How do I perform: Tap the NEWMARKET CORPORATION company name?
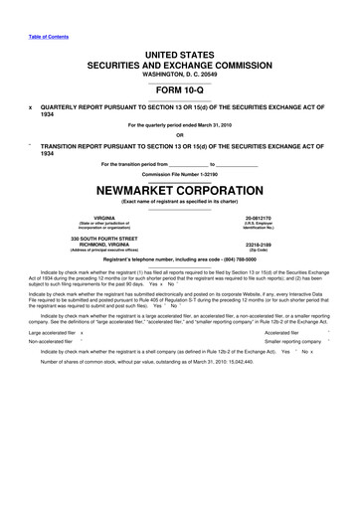[x=179, y=187]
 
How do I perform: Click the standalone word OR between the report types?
[x=180, y=136]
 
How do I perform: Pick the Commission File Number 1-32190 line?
[x=180, y=173]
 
